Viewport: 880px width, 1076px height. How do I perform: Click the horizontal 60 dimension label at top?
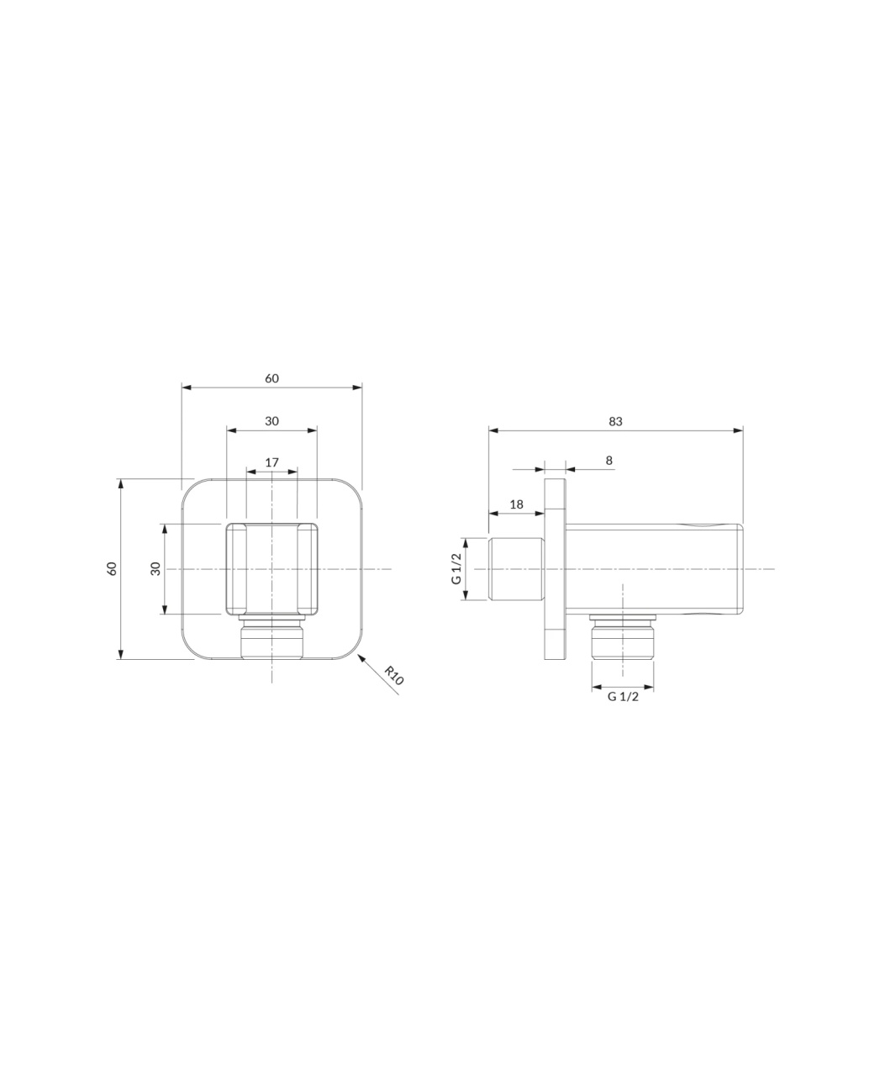pyautogui.click(x=271, y=378)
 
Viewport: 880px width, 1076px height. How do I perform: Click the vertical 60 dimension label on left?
pyautogui.click(x=112, y=568)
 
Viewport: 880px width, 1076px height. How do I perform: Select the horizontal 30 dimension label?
pyautogui.click(x=271, y=421)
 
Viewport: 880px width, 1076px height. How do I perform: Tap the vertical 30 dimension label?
pyautogui.click(x=155, y=568)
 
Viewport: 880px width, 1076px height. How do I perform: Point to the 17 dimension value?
pyautogui.click(x=272, y=462)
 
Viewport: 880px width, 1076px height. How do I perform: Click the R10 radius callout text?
pyautogui.click(x=394, y=676)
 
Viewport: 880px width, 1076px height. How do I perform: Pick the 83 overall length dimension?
pyautogui.click(x=615, y=421)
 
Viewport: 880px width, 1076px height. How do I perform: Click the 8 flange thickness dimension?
pyautogui.click(x=609, y=460)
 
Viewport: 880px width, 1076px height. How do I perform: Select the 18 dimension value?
pyautogui.click(x=516, y=504)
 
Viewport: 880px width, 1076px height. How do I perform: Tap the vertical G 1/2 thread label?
pyautogui.click(x=456, y=568)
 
